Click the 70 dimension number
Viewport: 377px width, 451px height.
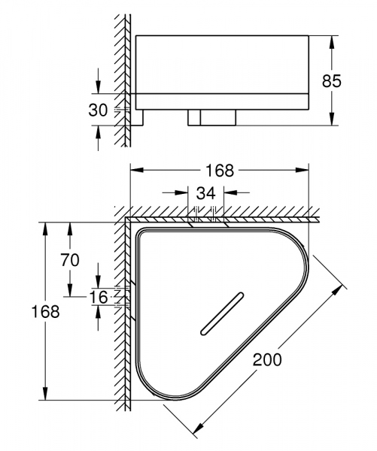[70, 261]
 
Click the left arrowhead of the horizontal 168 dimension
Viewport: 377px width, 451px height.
[136, 170]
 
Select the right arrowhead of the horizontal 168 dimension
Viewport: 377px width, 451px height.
[307, 170]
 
